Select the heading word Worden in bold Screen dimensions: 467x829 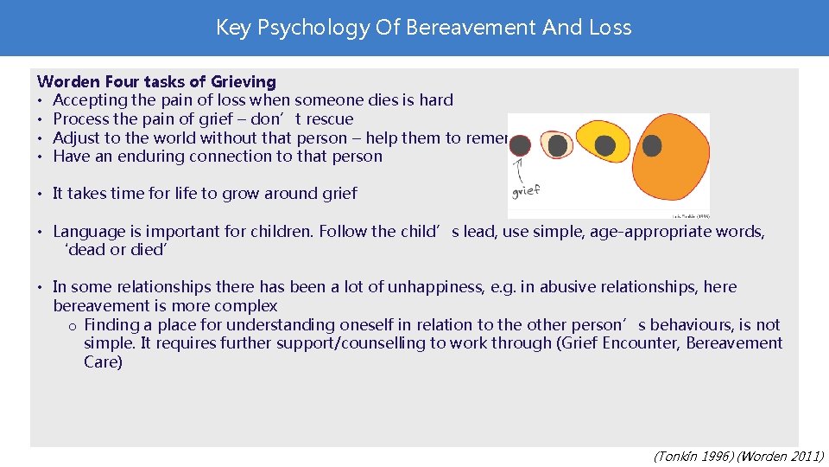pos(68,82)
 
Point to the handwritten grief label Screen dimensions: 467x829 pos(527,190)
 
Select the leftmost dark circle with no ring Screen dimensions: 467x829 pos(520,146)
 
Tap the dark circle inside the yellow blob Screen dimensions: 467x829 pos(604,146)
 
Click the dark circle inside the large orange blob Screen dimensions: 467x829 pos(652,145)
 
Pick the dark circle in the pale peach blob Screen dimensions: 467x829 pos(559,146)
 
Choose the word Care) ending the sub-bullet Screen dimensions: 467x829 pos(103,362)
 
